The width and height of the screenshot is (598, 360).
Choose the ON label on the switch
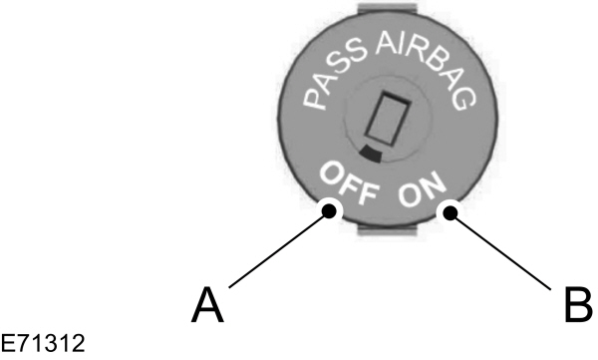point(423,191)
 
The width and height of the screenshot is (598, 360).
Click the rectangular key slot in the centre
point(384,123)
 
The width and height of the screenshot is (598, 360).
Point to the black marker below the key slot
point(371,154)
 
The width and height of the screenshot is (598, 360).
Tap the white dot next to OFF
point(330,209)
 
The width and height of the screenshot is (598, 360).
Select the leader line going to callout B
point(503,250)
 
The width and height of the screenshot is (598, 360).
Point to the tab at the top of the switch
point(391,11)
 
